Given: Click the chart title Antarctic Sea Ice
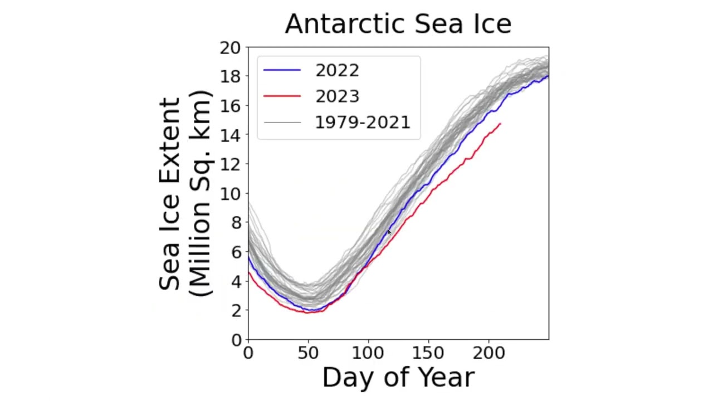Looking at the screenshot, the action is (398, 24).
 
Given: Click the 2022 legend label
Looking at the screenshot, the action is (337, 70).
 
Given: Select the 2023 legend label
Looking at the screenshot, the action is (337, 96).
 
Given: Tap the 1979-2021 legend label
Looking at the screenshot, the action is (363, 123).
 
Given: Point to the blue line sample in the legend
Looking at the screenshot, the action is (282, 70).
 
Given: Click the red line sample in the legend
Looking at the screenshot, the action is (282, 96).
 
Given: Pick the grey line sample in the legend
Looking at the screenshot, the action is (282, 122).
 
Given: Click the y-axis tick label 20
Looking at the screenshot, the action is (230, 48).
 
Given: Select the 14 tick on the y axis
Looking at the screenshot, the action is (230, 135).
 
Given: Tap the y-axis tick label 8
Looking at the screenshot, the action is (236, 223).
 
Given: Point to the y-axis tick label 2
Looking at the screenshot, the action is (236, 310).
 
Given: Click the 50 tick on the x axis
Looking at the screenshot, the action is (308, 353).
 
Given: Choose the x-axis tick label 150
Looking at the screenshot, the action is (428, 353).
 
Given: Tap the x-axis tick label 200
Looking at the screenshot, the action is (489, 353).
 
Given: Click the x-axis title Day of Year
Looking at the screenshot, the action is (398, 378).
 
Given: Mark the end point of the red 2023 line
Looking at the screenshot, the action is (500, 124).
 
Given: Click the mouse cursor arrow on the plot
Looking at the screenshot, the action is (389, 232).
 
